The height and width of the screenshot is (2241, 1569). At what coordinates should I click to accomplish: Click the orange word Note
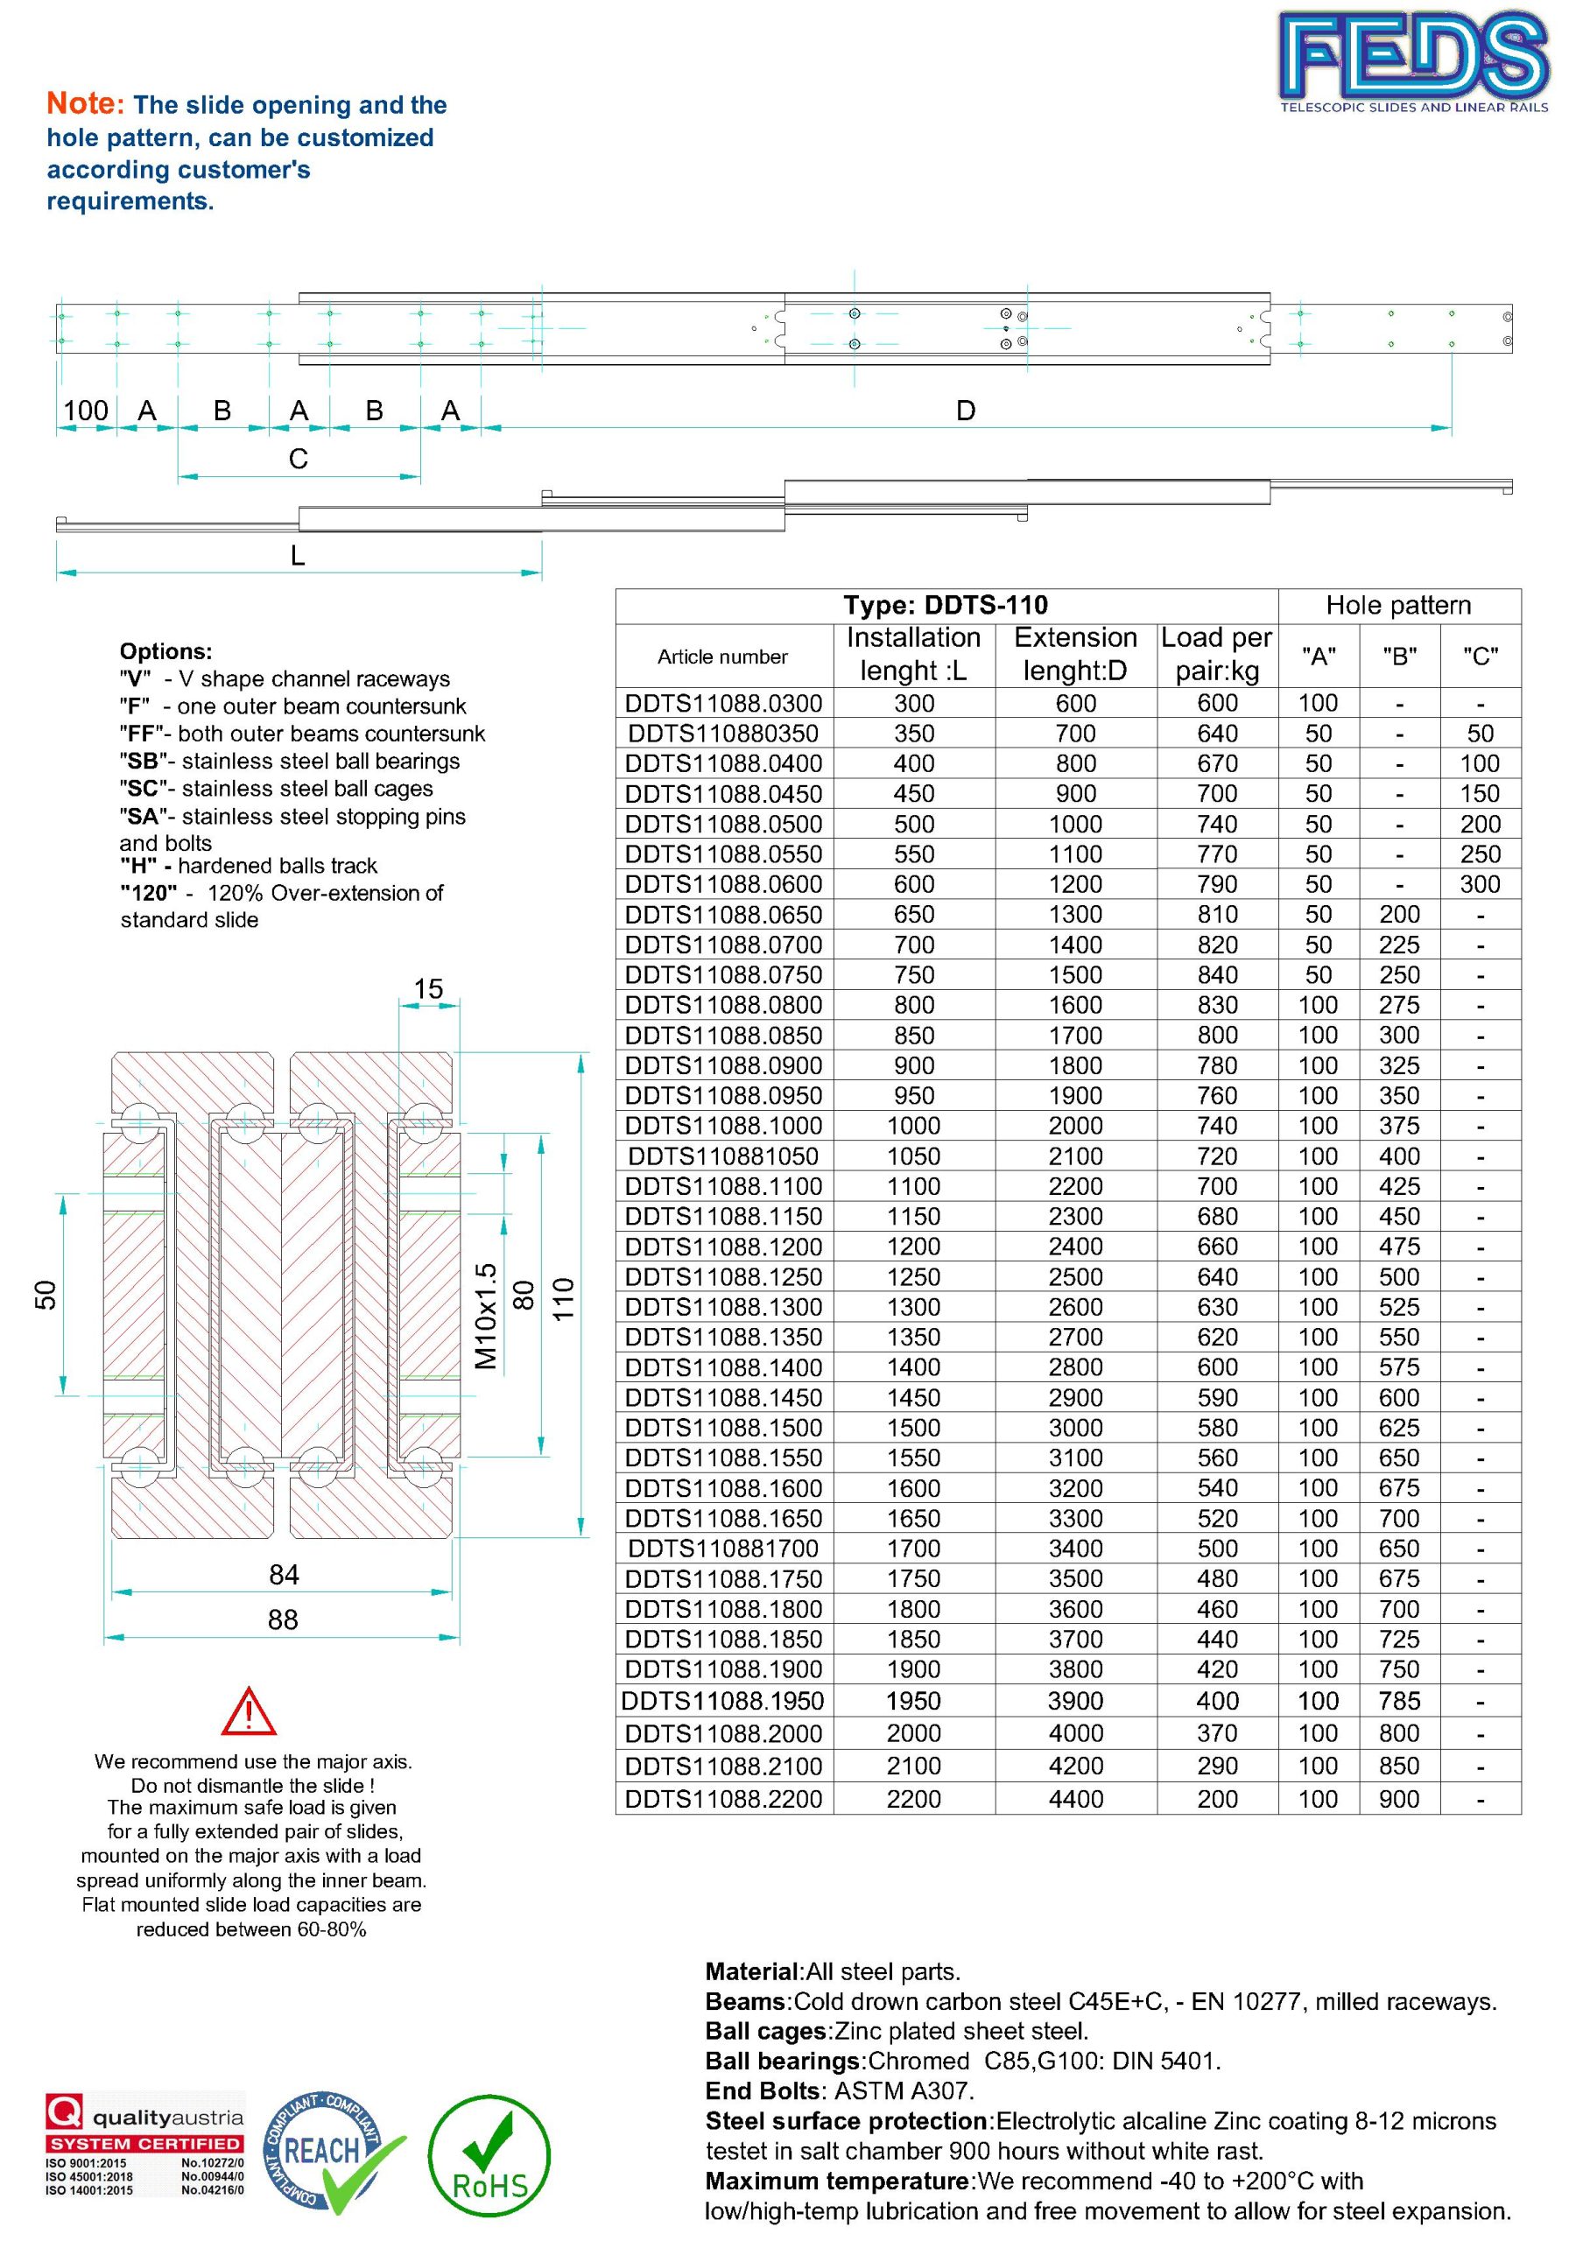point(85,103)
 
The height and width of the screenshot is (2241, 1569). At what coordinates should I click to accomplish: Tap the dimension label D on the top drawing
point(966,410)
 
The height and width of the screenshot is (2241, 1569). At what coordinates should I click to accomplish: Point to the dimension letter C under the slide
point(299,459)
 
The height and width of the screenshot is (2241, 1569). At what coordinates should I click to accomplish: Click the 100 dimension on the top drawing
point(86,410)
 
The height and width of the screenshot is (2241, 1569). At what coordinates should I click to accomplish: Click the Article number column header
point(722,657)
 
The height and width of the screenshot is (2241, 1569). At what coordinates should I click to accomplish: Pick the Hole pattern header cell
point(1398,605)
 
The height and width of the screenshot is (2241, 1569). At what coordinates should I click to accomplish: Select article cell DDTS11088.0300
point(723,703)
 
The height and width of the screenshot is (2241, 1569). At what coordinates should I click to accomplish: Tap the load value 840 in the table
point(1218,974)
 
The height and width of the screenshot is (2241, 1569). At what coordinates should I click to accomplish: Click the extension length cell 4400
point(1076,1798)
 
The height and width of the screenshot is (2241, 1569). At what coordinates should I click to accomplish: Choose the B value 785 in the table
point(1399,1700)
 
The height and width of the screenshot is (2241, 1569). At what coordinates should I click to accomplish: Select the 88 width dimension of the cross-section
point(283,1619)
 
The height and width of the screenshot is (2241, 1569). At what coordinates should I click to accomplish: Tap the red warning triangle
point(249,1712)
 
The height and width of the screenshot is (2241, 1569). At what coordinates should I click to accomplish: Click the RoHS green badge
point(490,2154)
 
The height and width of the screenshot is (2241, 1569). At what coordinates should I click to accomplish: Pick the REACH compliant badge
point(327,2153)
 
